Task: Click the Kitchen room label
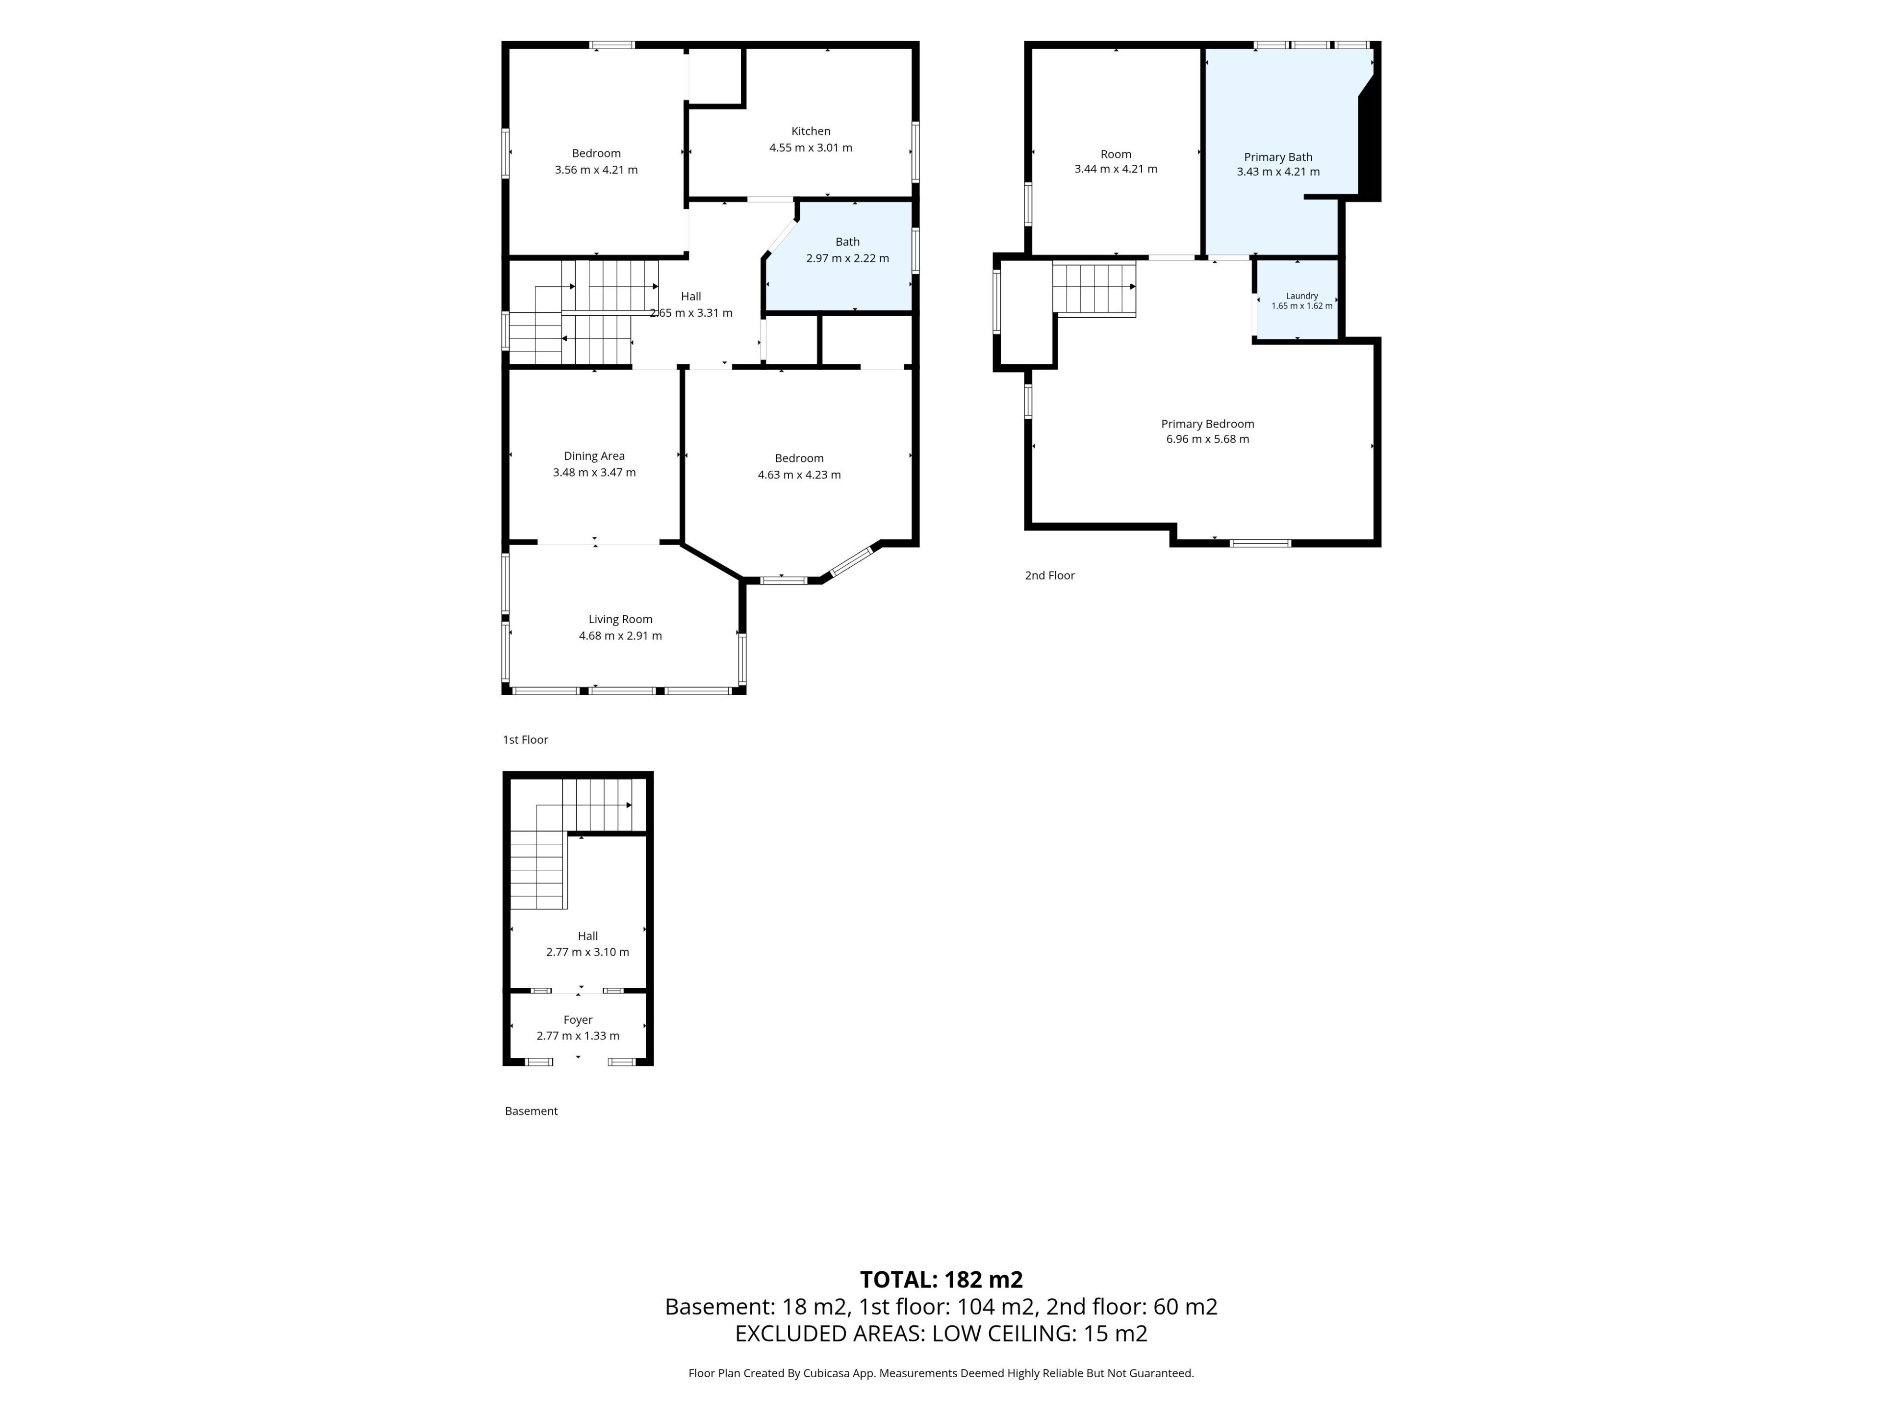coord(811,131)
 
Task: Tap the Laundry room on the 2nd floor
coord(1298,300)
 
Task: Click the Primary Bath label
coord(1278,156)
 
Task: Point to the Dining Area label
coord(594,456)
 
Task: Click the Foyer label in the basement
coord(578,1020)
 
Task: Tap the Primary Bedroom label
coord(1207,424)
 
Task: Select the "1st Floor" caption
coord(525,740)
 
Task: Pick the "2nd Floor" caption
coord(1049,576)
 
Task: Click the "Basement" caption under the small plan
coord(531,1110)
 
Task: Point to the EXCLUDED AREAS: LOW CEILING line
coord(941,1334)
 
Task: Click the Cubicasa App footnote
coord(941,1373)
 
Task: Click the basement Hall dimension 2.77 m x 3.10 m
coord(587,952)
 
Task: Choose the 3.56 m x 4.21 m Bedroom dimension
coord(596,169)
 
